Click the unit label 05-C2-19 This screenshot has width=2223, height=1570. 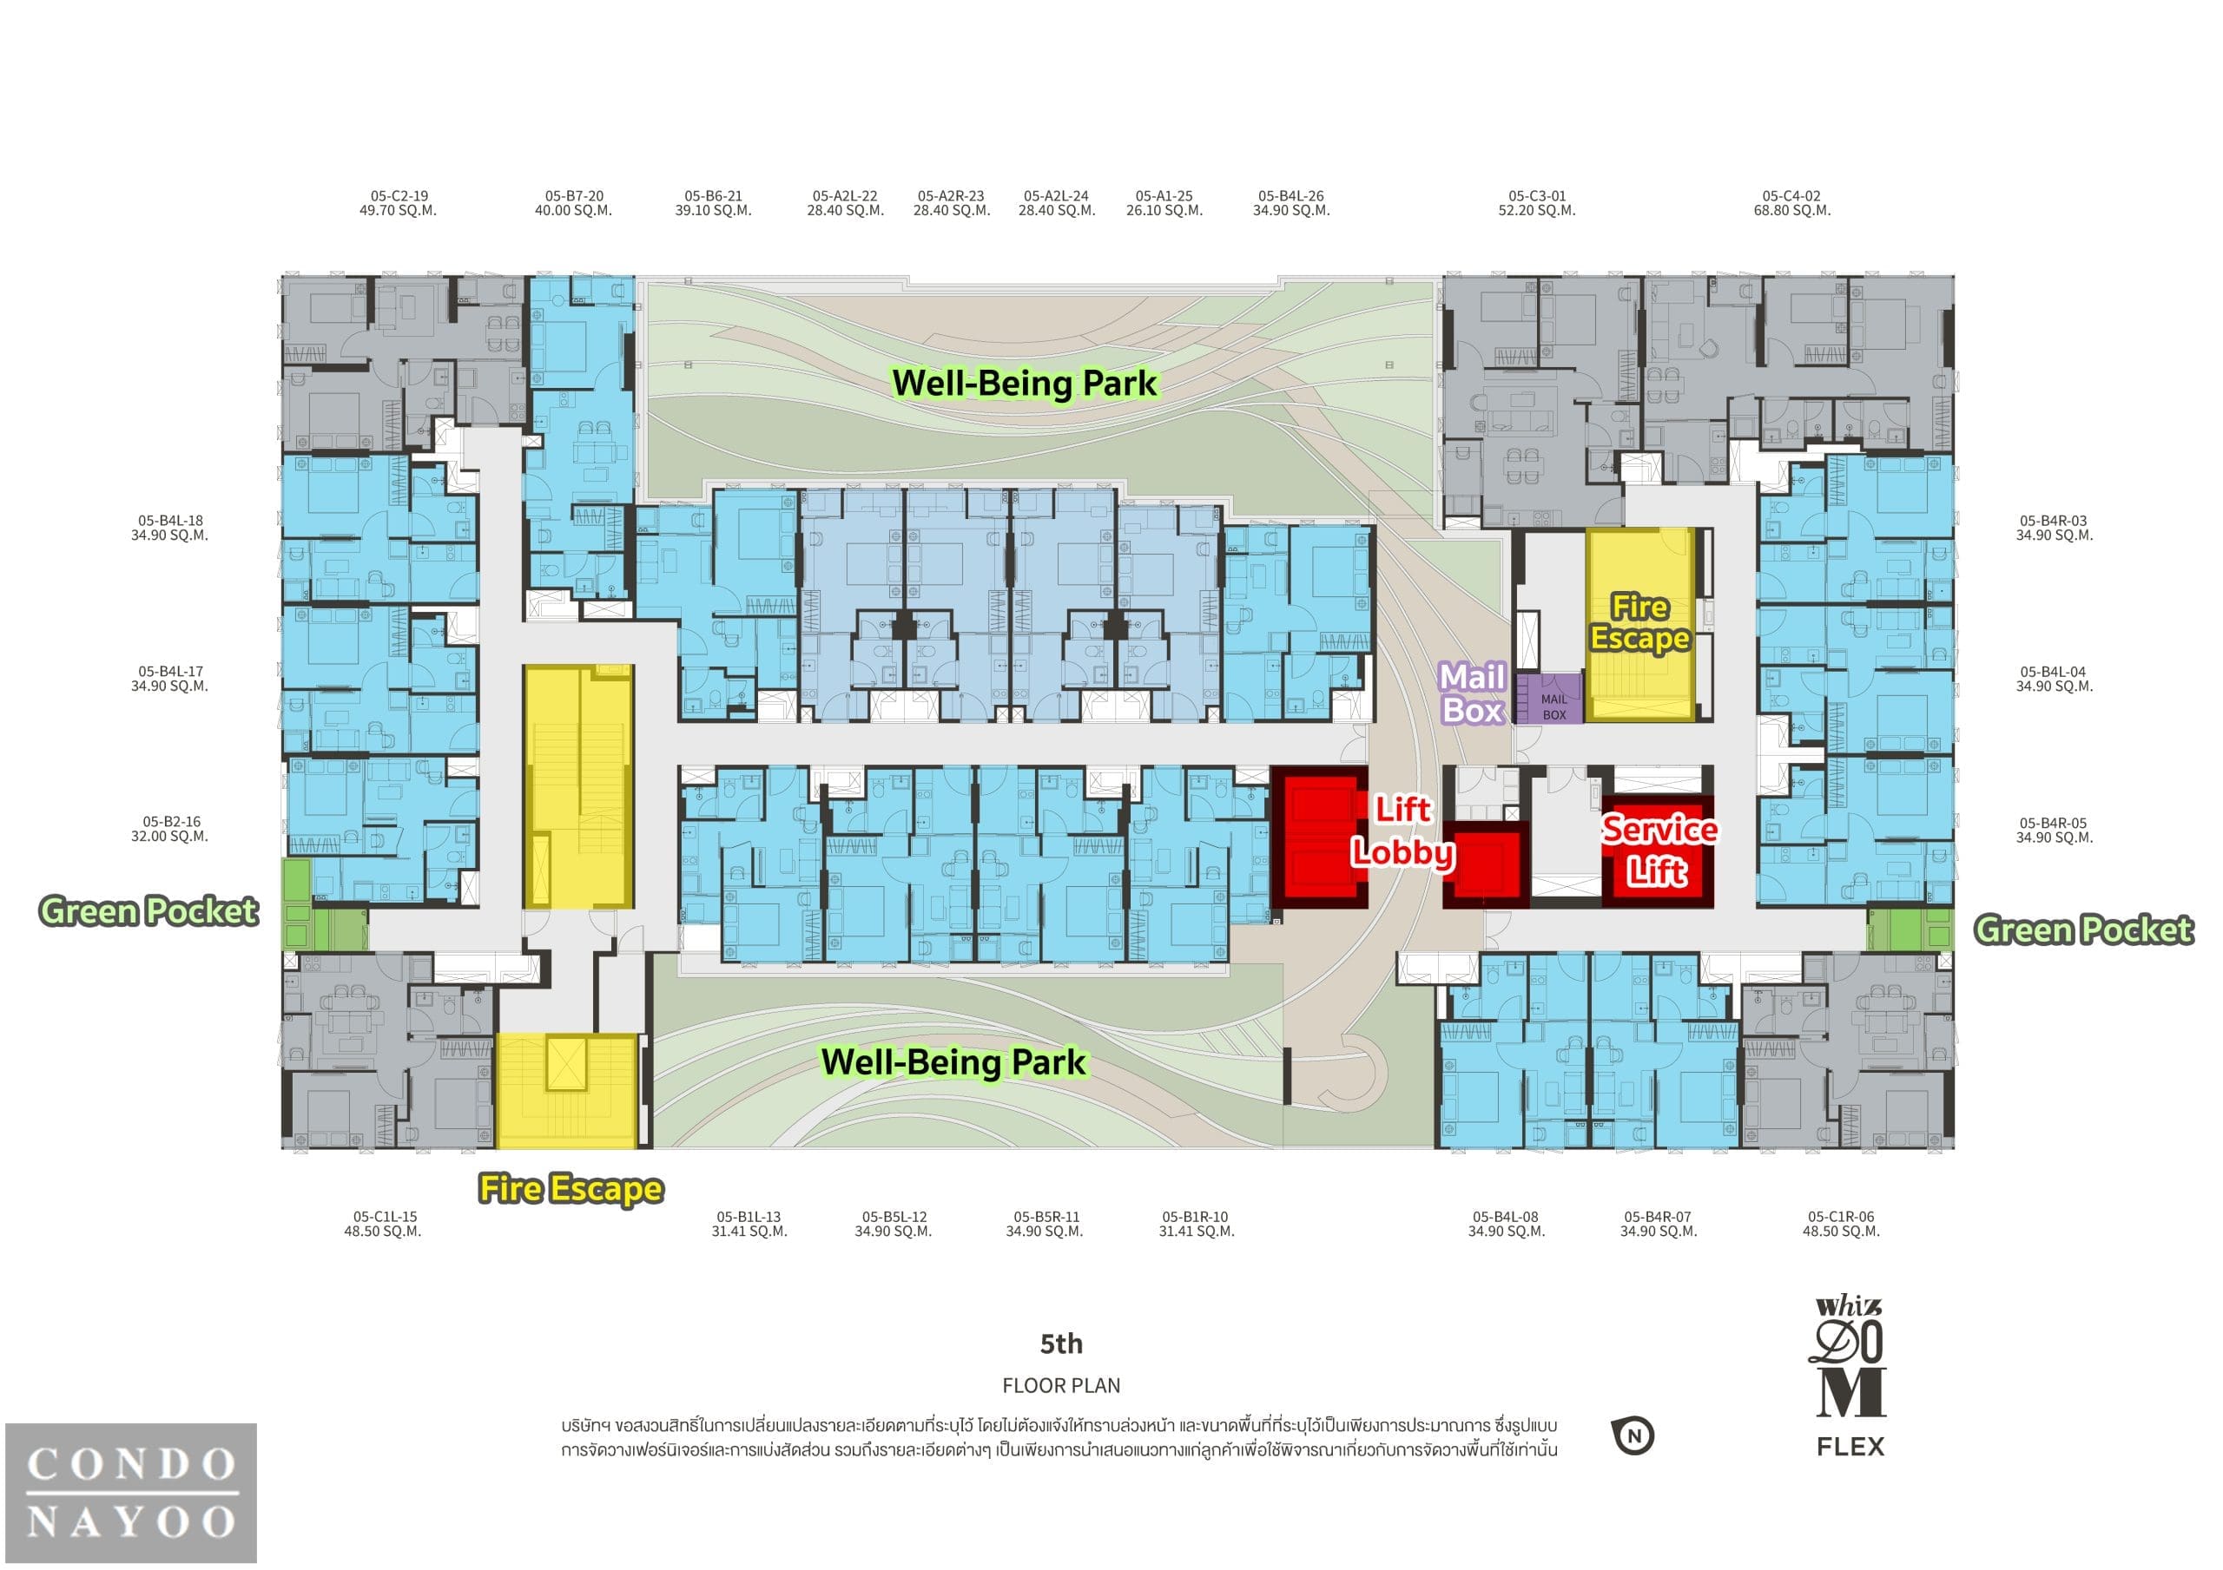tap(399, 195)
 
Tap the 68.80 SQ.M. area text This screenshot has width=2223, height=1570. tap(1791, 210)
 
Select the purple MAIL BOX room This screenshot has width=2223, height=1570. tap(1549, 699)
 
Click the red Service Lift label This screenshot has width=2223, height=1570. tap(1659, 850)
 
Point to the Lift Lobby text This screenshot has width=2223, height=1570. tap(1403, 830)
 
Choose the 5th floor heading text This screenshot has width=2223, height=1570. tap(1061, 1343)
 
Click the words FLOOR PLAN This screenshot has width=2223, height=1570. tap(1061, 1385)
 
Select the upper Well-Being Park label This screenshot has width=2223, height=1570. tap(1024, 384)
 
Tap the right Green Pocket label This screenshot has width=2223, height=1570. tap(2083, 930)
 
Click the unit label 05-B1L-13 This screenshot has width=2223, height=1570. tap(749, 1217)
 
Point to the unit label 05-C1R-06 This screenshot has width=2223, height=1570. tap(1841, 1217)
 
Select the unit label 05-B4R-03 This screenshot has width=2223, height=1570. tap(2054, 521)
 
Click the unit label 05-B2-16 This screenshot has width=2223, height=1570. tap(171, 822)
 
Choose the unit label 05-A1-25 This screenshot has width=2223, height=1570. tap(1164, 195)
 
